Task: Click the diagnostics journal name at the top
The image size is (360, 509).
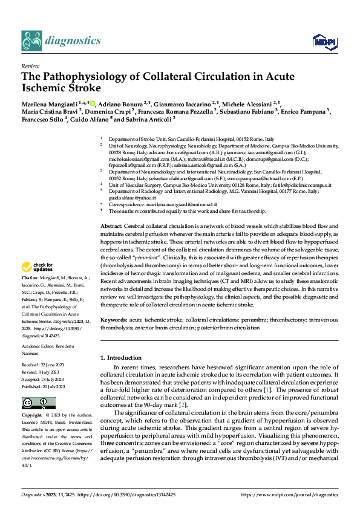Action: (x=73, y=41)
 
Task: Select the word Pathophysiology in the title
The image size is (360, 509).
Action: (x=88, y=77)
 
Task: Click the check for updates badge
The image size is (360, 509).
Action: (x=38, y=267)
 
